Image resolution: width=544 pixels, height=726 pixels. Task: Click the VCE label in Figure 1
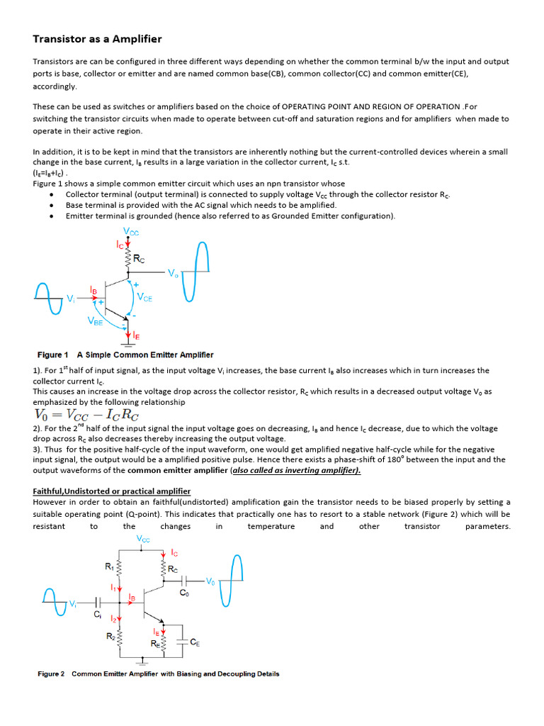(144, 298)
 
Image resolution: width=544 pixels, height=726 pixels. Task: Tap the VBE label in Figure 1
(95, 320)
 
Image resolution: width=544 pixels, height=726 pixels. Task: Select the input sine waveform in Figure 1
(50, 298)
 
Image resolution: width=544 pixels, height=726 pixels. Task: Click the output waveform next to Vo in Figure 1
(197, 272)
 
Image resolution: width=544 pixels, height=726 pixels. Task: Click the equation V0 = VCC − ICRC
(86, 415)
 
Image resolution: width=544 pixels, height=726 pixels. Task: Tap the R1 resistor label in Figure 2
(109, 566)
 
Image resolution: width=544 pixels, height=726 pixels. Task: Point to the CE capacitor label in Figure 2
(195, 642)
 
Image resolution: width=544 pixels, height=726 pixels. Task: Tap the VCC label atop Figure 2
(143, 540)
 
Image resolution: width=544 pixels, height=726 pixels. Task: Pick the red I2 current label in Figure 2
(113, 619)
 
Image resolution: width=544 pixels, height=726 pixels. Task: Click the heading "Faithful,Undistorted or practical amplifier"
(111, 491)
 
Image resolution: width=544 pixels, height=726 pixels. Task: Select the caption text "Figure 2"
(51, 674)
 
